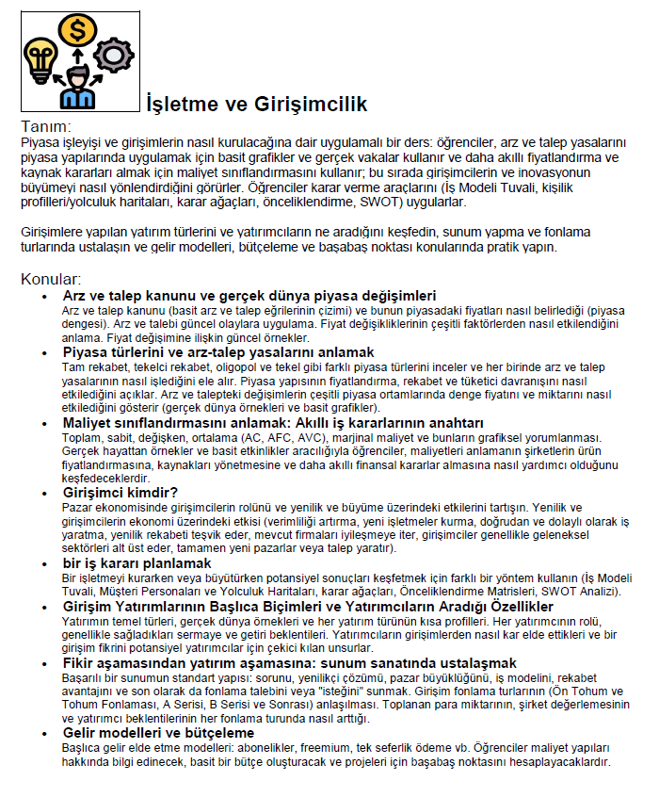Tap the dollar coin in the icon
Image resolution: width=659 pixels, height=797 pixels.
point(74,29)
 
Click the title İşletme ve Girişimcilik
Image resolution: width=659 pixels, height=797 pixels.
point(256,104)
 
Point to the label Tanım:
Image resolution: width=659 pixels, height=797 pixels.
point(46,125)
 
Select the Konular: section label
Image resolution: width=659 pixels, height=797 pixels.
point(52,279)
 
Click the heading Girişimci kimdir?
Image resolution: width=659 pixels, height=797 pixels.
point(120,492)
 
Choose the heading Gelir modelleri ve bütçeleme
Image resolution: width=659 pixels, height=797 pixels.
point(158,732)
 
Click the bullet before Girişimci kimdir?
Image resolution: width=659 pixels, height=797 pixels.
point(45,493)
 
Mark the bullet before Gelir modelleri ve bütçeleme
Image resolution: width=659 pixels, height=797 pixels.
point(45,733)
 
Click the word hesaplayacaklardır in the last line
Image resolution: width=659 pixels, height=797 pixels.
point(549,761)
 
